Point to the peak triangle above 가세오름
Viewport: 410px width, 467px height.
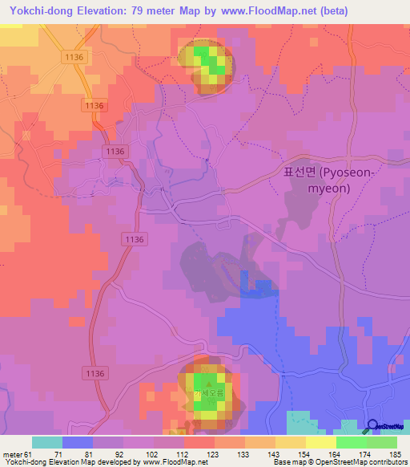(x=207, y=385)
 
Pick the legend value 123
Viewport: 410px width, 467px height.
(x=191, y=454)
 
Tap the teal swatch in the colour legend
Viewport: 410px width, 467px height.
(x=47, y=442)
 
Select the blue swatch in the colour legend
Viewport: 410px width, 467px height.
(x=78, y=442)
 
